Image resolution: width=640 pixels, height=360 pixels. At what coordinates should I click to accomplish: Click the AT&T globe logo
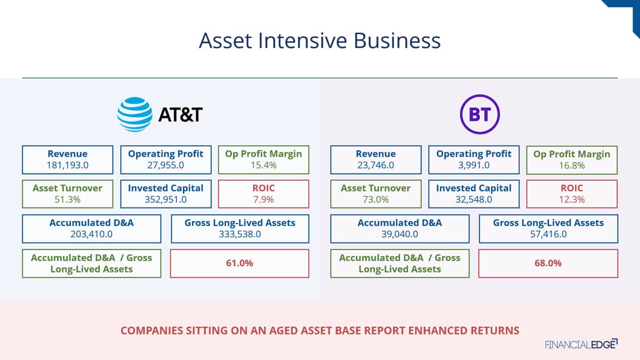tap(135, 114)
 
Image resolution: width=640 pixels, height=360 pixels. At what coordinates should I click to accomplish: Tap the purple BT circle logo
tap(480, 114)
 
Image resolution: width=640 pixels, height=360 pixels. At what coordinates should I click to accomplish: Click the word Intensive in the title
tap(302, 41)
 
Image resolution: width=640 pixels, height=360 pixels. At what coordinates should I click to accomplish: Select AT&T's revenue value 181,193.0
tap(67, 165)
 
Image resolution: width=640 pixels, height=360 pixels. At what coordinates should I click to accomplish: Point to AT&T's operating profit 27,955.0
tap(166, 165)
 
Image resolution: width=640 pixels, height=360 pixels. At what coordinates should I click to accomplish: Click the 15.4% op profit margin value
tap(263, 165)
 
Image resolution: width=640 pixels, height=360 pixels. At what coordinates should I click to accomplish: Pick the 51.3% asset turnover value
tap(67, 199)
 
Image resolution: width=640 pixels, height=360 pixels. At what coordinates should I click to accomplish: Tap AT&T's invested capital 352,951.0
tap(166, 199)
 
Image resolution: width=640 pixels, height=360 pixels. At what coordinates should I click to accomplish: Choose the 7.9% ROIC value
tap(263, 199)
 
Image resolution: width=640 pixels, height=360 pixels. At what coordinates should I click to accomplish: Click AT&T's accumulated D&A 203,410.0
tap(91, 234)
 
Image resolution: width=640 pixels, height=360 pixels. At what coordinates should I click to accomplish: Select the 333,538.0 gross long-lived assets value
tap(240, 234)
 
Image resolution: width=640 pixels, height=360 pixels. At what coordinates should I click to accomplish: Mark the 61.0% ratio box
tap(239, 263)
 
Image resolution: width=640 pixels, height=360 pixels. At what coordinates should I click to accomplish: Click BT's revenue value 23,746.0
tap(375, 165)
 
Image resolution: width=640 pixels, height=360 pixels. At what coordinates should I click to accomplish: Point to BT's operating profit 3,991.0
tap(474, 165)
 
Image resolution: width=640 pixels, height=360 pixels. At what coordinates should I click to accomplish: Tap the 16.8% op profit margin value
tap(572, 165)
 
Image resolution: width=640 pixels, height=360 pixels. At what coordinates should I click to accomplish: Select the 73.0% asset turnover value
tap(375, 199)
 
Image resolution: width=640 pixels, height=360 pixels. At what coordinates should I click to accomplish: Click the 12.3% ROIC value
tap(572, 199)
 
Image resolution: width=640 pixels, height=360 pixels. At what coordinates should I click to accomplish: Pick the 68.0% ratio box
tap(548, 263)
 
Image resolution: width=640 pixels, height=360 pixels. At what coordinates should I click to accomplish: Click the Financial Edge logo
tap(581, 345)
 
